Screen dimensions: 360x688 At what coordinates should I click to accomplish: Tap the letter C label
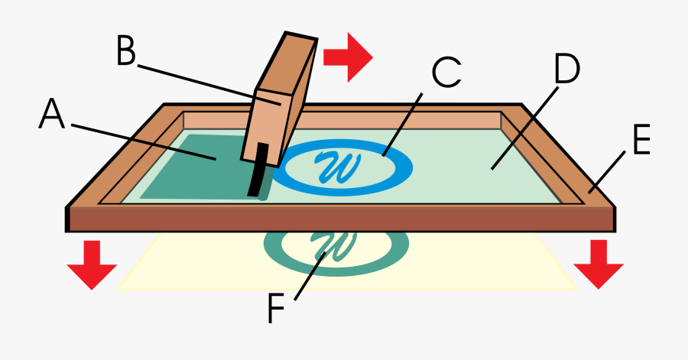tap(446, 73)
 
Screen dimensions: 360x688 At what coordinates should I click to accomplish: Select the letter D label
tap(566, 70)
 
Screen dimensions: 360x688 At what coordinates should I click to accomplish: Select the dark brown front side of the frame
tap(344, 219)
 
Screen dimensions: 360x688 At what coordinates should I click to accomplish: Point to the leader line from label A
tap(145, 141)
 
